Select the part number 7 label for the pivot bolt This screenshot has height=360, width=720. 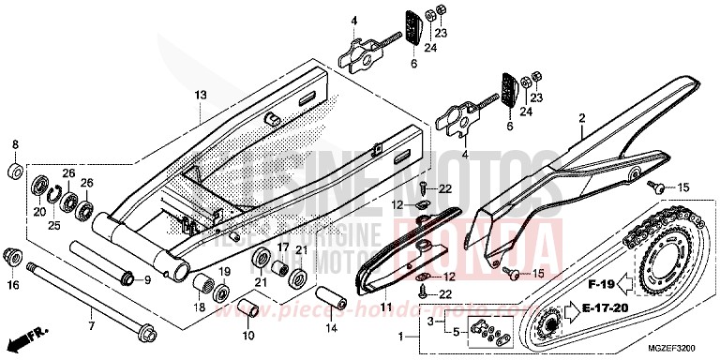point(91,325)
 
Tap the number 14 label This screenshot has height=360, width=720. point(329,329)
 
